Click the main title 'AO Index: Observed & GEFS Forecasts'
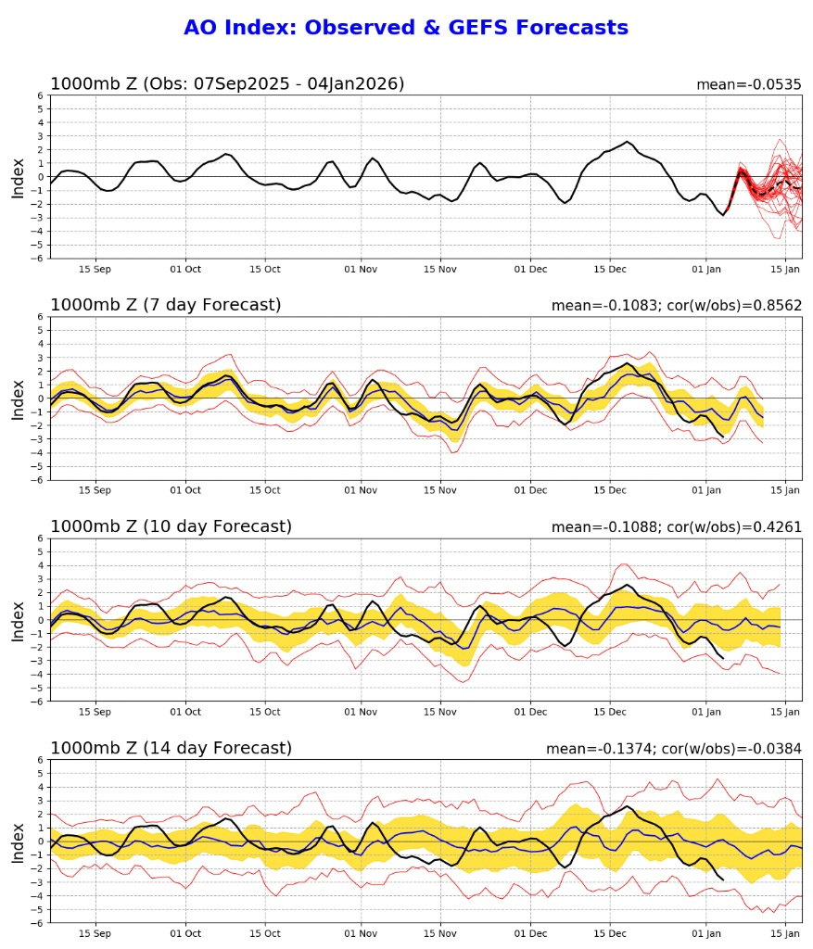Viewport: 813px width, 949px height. tap(406, 28)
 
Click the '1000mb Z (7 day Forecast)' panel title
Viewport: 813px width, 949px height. tap(165, 305)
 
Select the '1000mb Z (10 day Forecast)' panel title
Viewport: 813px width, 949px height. tap(171, 526)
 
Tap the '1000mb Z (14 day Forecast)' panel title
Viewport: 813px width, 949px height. tap(171, 748)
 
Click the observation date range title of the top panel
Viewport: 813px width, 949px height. tap(227, 83)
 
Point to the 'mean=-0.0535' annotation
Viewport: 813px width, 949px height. tap(749, 84)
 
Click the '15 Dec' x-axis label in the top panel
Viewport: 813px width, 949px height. tap(610, 269)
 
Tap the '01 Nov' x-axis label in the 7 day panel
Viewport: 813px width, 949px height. tap(361, 490)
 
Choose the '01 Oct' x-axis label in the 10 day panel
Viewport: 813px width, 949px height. tap(185, 712)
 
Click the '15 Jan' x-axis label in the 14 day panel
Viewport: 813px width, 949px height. tap(785, 933)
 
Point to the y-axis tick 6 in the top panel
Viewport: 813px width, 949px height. tap(40, 95)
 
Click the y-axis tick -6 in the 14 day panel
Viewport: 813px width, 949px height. tap(37, 923)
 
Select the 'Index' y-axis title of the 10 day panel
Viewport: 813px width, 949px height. tap(19, 620)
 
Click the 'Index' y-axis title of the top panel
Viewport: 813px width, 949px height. tap(19, 177)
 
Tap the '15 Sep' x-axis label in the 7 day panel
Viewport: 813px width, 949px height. tap(95, 490)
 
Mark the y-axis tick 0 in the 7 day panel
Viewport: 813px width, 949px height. tap(40, 399)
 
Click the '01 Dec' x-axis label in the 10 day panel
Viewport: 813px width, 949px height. tap(531, 712)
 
